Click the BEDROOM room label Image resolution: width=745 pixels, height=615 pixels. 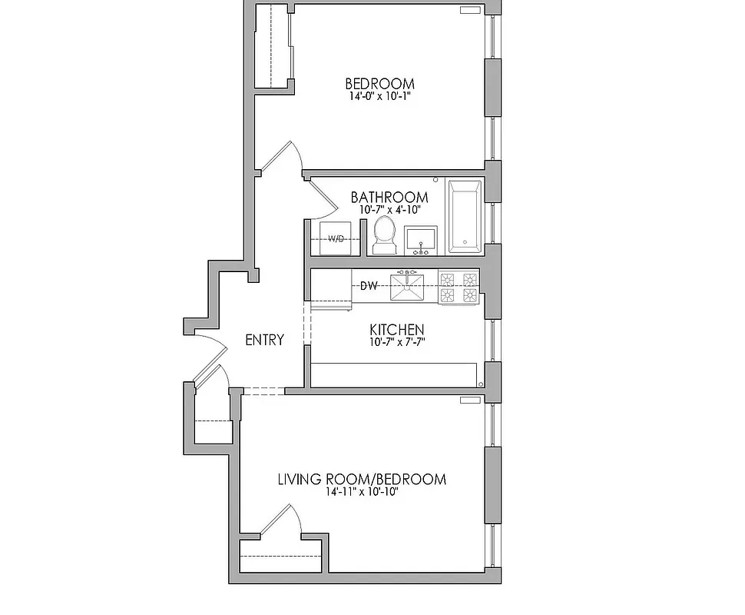point(379,84)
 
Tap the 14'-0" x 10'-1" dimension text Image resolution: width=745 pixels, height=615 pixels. point(379,98)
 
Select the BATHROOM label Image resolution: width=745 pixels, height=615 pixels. point(389,198)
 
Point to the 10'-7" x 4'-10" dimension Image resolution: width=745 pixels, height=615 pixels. point(389,210)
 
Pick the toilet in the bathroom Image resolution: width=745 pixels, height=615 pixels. point(383,234)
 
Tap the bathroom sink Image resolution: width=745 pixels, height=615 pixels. point(420,240)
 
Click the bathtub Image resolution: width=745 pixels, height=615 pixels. point(465,217)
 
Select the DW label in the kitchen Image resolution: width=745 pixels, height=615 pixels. point(369,286)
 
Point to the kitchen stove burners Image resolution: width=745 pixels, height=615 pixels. point(459,286)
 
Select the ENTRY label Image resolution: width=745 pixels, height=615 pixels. point(264,340)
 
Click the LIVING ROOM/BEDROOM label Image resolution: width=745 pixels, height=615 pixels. point(361,480)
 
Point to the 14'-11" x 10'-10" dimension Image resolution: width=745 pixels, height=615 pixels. point(361,493)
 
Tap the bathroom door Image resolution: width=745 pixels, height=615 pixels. point(323,196)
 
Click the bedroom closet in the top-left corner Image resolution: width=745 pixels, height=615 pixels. point(273,46)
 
